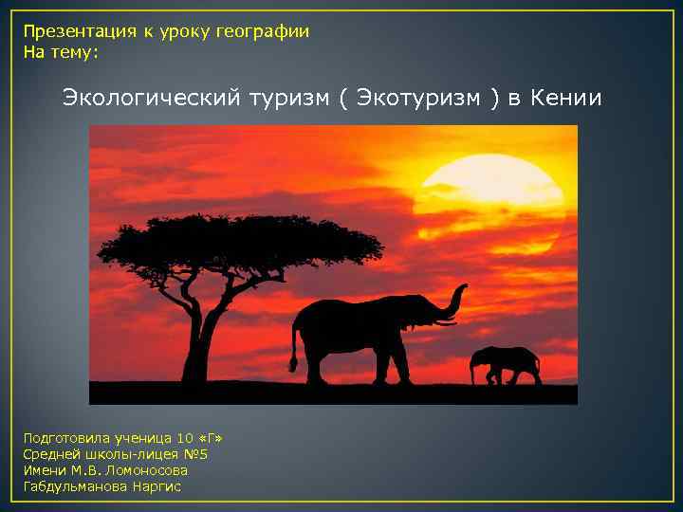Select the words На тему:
click(61, 53)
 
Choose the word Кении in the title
click(566, 99)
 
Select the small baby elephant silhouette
click(506, 364)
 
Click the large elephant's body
click(360, 332)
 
